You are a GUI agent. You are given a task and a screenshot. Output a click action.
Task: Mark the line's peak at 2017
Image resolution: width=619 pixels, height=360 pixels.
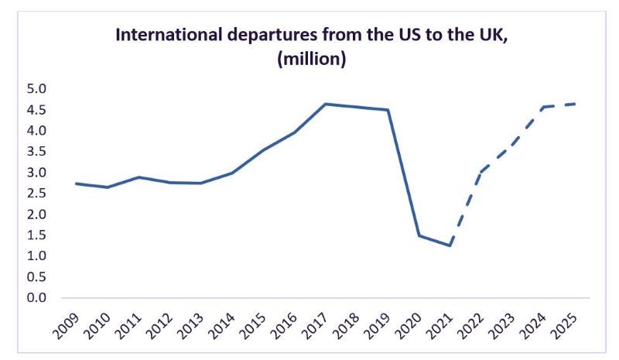326,104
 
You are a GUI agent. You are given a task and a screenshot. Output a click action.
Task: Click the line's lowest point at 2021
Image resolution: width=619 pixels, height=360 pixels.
450,245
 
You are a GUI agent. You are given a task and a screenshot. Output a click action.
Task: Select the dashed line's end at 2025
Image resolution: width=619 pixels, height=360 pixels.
576,104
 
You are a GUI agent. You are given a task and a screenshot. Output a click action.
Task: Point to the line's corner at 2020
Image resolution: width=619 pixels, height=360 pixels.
419,235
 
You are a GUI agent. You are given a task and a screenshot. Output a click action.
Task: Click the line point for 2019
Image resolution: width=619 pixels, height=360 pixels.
388,110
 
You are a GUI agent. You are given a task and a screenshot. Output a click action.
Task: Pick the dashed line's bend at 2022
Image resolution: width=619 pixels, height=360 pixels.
481,172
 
